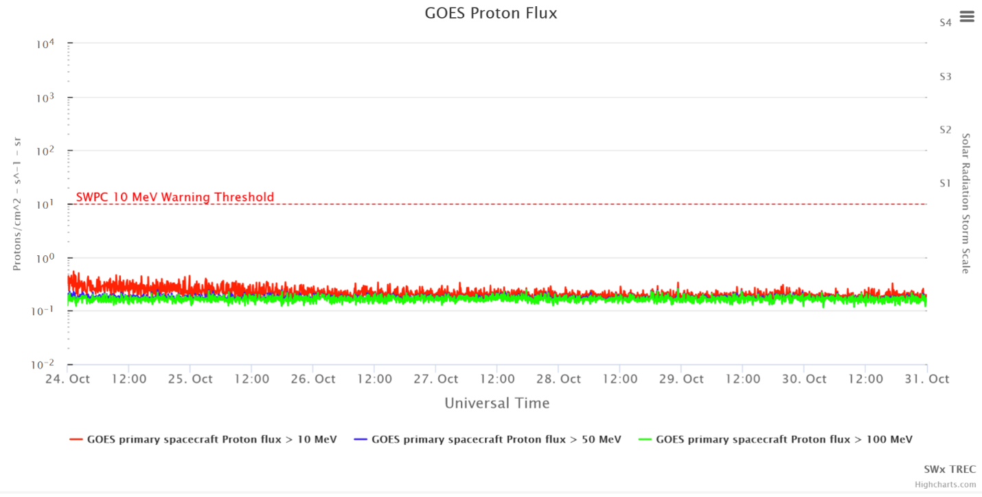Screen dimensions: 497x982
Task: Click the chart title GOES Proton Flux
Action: coord(490,13)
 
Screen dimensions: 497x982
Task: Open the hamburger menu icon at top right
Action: coord(967,16)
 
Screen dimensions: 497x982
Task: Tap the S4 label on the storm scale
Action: coord(945,23)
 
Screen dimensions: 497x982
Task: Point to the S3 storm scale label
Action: coord(945,76)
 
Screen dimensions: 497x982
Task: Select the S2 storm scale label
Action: coord(945,130)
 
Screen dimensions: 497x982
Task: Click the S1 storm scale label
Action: coord(945,183)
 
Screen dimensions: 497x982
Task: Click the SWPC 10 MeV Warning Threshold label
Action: coord(175,197)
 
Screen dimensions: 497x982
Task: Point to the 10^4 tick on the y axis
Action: coord(45,44)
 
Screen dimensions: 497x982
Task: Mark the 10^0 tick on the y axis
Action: coord(45,258)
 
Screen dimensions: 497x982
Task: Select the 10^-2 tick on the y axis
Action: coord(45,365)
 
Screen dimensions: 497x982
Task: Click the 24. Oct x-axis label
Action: coord(67,379)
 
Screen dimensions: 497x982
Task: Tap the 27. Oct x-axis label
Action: coord(435,379)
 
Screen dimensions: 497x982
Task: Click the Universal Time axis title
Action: coord(497,403)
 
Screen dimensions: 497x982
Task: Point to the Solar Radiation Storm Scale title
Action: coord(965,204)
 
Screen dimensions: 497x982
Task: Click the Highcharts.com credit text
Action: coord(945,485)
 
